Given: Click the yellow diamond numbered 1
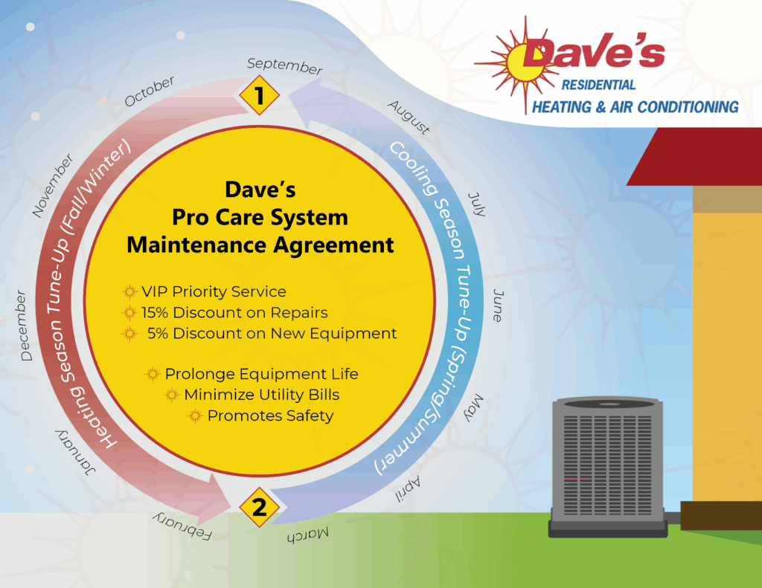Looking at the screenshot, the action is (x=260, y=95).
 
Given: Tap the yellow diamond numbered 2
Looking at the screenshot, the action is (x=260, y=507).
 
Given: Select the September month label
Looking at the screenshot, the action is (x=285, y=66).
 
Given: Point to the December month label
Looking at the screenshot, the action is (x=23, y=326).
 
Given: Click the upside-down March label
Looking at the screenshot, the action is (x=307, y=535).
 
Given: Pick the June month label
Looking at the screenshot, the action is (x=498, y=306).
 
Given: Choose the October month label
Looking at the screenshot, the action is (x=149, y=91).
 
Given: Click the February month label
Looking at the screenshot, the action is (x=182, y=526).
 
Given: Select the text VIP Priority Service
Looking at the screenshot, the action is (x=214, y=291).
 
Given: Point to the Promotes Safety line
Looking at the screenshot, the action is (x=271, y=416).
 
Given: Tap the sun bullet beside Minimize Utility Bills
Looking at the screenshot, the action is (x=172, y=395).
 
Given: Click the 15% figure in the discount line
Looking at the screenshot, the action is (x=155, y=312).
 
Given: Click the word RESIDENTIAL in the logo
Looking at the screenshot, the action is (x=598, y=85).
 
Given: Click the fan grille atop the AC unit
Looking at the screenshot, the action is (x=607, y=404).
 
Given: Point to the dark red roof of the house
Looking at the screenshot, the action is (x=695, y=156).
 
